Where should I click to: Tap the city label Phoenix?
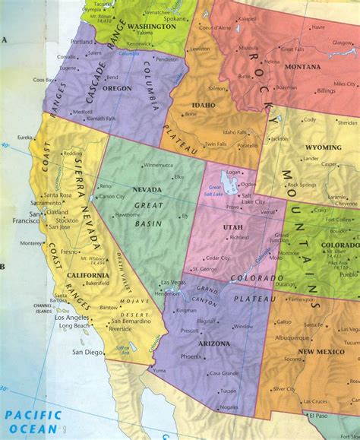click(x=191, y=356)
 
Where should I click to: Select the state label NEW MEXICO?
click(x=321, y=351)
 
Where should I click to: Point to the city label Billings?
click(x=326, y=90)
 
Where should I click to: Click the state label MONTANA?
click(x=304, y=68)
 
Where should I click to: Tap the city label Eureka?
click(x=25, y=137)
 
